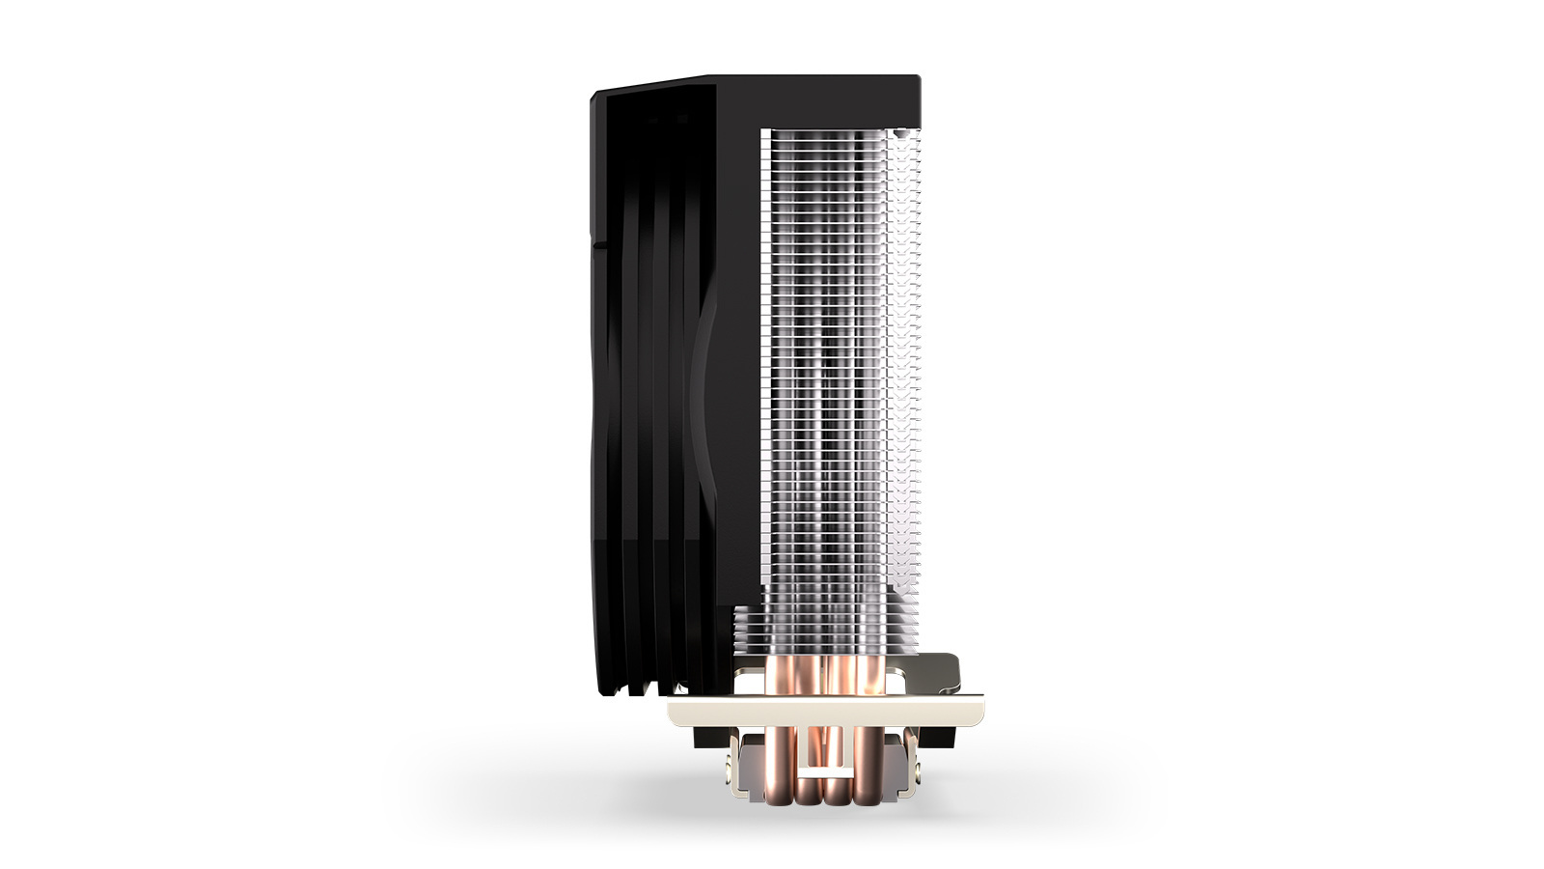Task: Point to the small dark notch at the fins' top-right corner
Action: coord(901,132)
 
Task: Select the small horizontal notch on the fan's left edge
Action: coord(596,245)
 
